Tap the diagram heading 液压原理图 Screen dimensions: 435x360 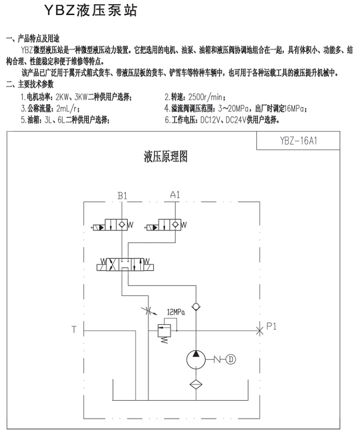(165, 157)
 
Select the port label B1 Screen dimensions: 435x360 (123, 195)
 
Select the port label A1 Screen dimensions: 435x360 (175, 194)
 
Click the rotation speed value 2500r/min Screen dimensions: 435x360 (197, 97)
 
